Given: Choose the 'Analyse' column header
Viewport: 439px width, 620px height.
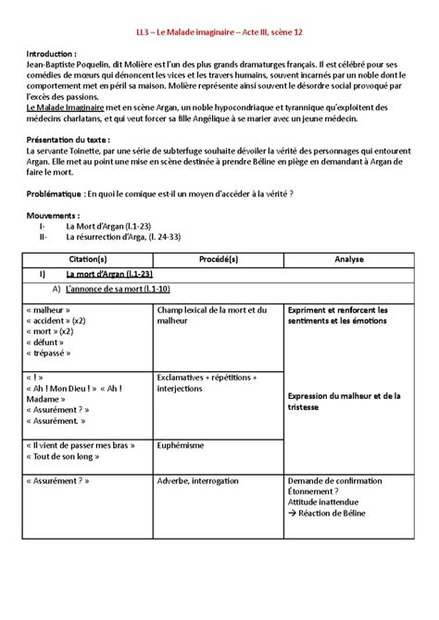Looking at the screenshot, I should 348,260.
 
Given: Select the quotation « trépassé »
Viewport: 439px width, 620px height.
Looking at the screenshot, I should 56,354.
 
